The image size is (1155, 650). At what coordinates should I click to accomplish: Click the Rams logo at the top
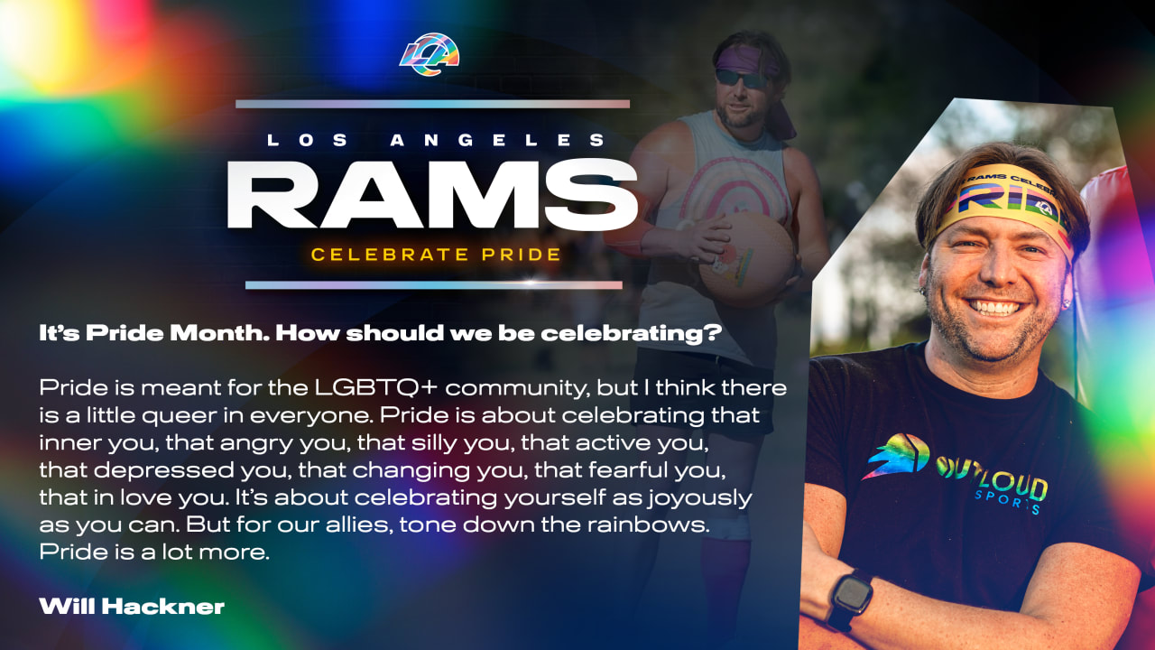(430, 55)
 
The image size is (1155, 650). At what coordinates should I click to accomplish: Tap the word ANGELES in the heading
(498, 140)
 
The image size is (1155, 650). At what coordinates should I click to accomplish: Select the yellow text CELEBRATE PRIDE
(436, 254)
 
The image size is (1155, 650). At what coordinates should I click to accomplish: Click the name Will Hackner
(131, 606)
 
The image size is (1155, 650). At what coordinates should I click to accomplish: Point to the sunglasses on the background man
(743, 79)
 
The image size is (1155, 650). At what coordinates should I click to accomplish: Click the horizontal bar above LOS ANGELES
(432, 104)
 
